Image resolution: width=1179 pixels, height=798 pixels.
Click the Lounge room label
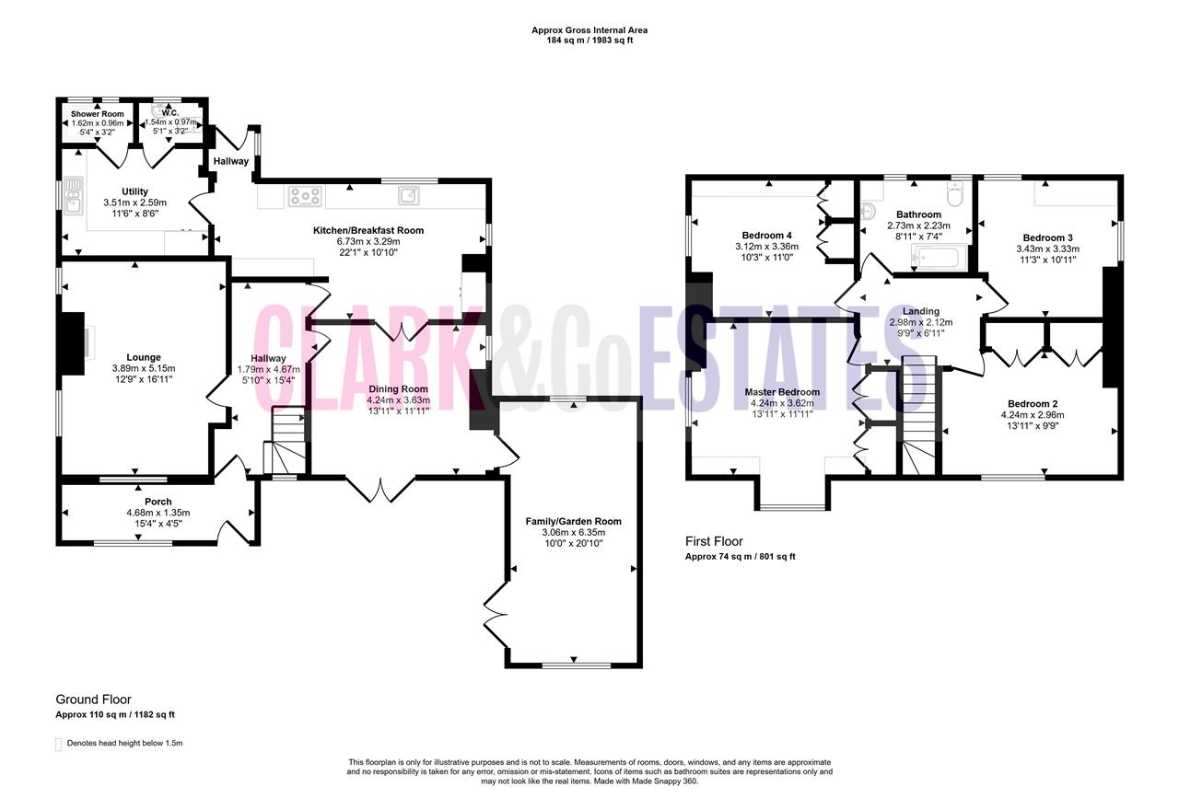(144, 357)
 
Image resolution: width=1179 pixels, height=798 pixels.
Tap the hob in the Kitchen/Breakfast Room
(305, 196)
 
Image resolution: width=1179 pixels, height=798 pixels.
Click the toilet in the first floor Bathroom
(953, 194)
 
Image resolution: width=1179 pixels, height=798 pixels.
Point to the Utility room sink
(73, 196)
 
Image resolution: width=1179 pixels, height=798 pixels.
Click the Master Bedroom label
(782, 392)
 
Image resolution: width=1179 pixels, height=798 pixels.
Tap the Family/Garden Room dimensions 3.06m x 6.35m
(574, 532)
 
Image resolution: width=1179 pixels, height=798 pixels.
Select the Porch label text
(158, 502)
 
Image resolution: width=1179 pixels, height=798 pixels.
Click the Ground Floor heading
(93, 700)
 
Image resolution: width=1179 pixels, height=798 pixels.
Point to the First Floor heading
(714, 541)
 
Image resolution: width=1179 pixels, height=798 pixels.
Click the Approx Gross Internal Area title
(589, 30)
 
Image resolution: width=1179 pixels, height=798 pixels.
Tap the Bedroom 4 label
(767, 235)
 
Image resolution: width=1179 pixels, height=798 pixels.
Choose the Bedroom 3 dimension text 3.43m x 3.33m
(1047, 249)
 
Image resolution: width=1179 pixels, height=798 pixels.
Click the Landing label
(921, 311)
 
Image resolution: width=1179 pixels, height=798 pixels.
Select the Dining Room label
(398, 388)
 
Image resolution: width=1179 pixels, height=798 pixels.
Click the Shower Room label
(98, 113)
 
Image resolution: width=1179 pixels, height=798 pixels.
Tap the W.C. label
(170, 113)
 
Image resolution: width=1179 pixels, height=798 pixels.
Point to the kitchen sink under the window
(409, 195)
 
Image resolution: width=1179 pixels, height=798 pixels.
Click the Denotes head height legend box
(58, 744)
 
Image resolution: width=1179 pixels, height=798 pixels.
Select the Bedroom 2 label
(1033, 403)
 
